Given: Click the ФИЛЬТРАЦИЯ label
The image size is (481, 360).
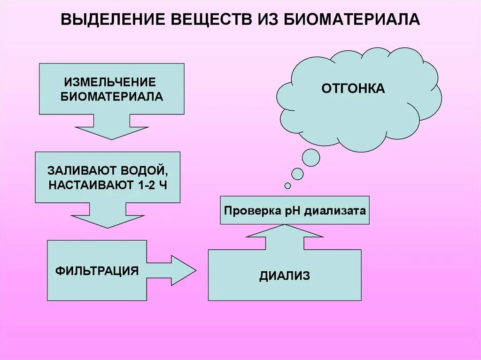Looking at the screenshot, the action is (x=97, y=271).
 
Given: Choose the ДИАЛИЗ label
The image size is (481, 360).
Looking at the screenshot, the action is (x=285, y=276).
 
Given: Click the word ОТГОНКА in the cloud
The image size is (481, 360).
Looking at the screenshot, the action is (x=353, y=88).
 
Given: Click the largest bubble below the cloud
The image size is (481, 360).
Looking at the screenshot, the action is (x=311, y=158).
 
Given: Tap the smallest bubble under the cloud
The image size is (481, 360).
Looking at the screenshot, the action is (x=287, y=186).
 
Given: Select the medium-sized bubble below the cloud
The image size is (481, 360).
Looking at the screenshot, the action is (x=298, y=174).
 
